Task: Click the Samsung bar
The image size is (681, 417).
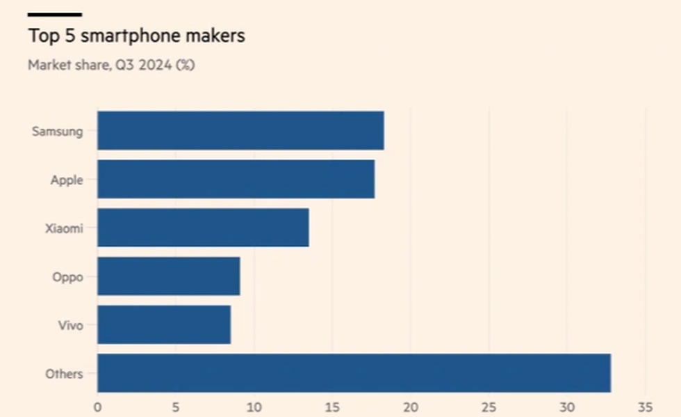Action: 240,130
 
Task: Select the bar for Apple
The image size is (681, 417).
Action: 236,179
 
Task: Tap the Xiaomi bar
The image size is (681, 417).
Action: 203,228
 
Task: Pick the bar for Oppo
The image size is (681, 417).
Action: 168,276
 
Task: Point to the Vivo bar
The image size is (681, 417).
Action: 163,325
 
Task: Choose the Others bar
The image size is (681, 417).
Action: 354,373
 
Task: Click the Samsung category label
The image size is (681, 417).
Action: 58,131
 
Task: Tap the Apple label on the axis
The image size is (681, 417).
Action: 67,180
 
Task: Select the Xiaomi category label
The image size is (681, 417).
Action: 64,228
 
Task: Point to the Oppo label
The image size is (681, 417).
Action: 67,277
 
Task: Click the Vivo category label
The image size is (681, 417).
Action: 70,325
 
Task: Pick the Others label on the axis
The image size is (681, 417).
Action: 64,374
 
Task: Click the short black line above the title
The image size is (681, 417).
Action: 55,14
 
